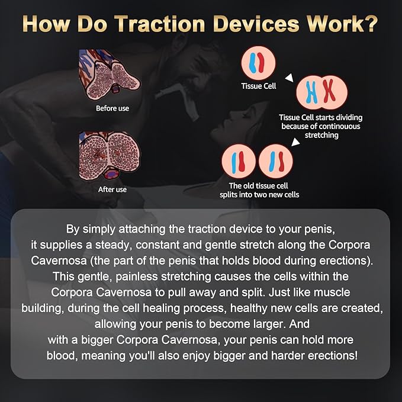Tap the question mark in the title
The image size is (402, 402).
click(x=371, y=24)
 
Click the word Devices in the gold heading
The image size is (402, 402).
click(x=256, y=24)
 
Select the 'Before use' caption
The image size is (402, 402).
click(x=112, y=108)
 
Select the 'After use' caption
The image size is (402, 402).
click(x=112, y=189)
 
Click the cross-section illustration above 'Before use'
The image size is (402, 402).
click(x=110, y=75)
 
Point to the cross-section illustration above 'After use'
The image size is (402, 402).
click(x=110, y=156)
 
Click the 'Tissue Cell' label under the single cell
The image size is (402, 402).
click(x=258, y=86)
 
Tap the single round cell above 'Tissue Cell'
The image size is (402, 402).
click(x=258, y=63)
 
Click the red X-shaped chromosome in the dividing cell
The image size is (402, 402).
click(x=329, y=91)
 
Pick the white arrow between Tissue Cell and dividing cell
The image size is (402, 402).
click(x=290, y=78)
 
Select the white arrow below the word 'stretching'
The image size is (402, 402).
click(x=295, y=141)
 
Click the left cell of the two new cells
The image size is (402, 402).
click(x=239, y=161)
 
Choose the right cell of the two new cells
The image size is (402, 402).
click(x=276, y=161)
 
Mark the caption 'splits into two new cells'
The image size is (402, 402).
click(x=259, y=195)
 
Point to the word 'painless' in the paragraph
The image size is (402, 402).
click(x=137, y=276)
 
